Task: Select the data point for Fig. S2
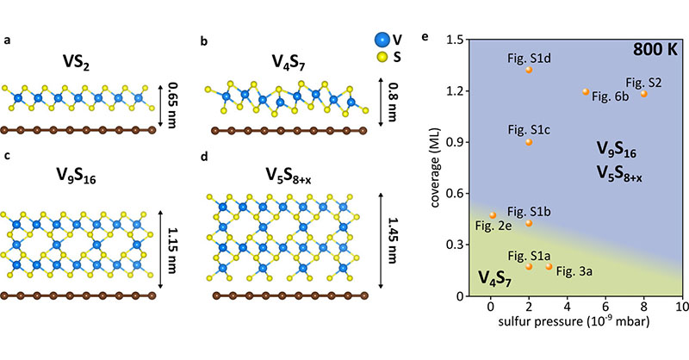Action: point(643,93)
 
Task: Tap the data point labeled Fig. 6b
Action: point(586,91)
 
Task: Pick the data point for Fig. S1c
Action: point(529,141)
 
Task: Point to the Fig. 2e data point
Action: point(493,215)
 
